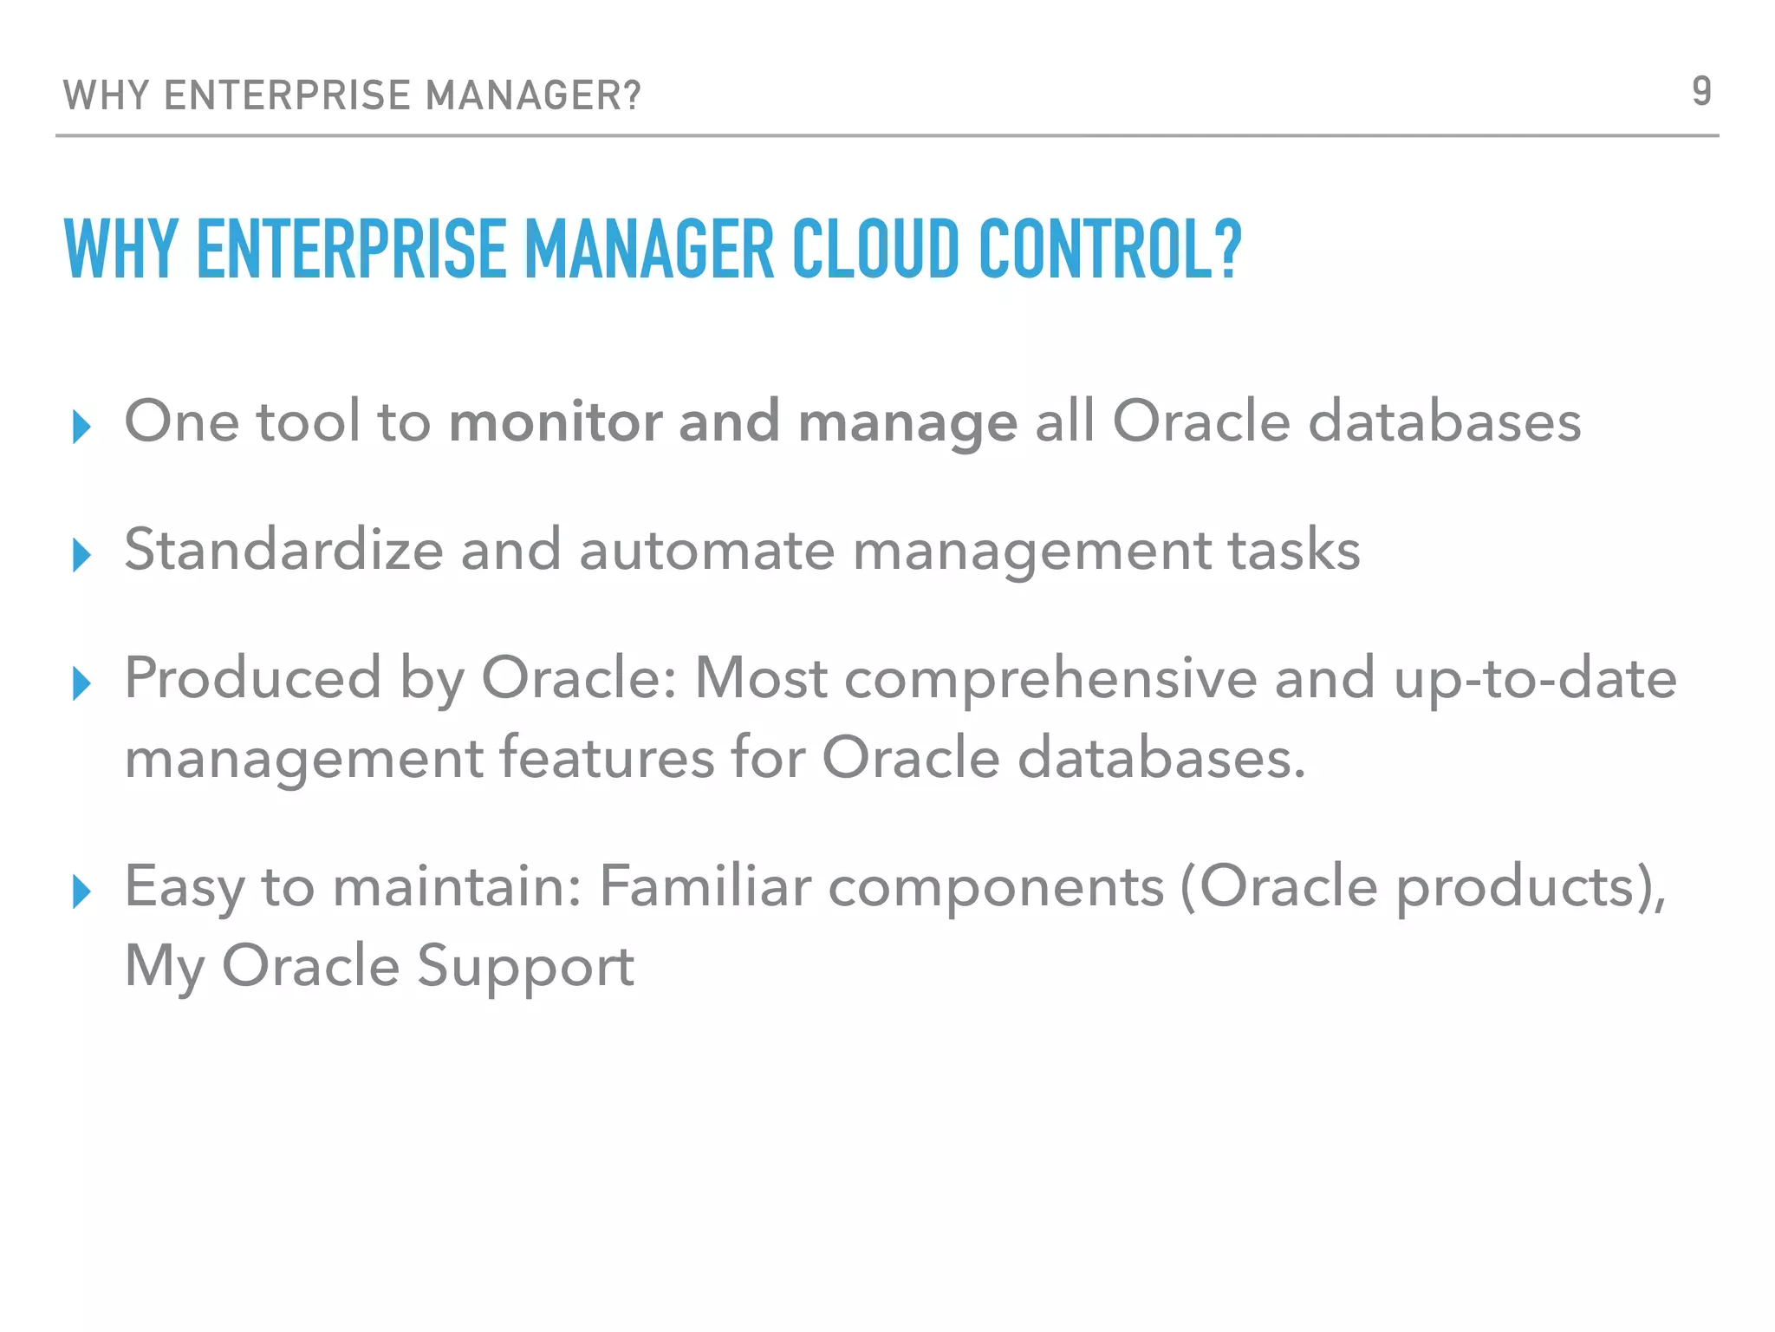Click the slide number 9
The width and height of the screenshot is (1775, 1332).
[x=1701, y=91]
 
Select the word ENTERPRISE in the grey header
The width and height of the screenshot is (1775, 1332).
[x=287, y=95]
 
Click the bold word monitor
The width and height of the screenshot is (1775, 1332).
[x=556, y=422]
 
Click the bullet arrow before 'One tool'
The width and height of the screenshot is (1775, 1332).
[x=82, y=427]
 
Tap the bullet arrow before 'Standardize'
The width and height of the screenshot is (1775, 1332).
[x=82, y=555]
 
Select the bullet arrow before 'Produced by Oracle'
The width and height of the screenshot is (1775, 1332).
[x=82, y=683]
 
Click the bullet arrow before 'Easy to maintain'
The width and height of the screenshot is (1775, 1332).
[x=82, y=891]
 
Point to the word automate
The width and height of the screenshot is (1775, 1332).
[x=706, y=552]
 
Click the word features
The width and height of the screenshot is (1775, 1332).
[x=607, y=758]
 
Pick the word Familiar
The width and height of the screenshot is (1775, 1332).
[x=705, y=886]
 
